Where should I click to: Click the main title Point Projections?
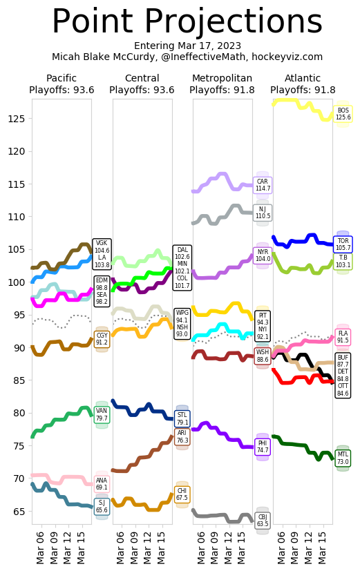(187, 22)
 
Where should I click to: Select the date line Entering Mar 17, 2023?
(187, 46)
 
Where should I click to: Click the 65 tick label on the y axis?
(21, 511)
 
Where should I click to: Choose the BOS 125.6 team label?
(343, 114)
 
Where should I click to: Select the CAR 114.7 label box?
(263, 185)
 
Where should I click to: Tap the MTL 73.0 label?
(343, 458)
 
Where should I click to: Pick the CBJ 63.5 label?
(263, 520)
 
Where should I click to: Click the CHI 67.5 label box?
(182, 494)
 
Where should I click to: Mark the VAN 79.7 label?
(102, 414)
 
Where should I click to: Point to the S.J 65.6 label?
(102, 507)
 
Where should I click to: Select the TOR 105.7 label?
(343, 244)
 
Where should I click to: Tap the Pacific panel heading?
(61, 78)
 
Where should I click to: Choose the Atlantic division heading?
(303, 78)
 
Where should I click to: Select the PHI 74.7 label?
(263, 447)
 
